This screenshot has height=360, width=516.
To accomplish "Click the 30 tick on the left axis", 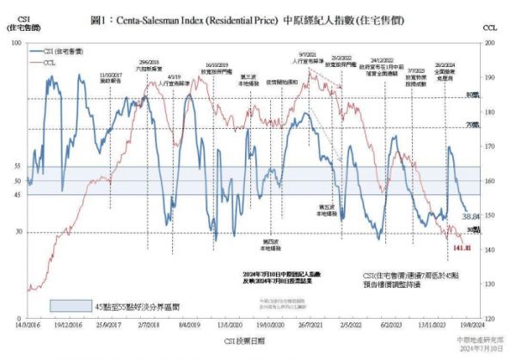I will click(x=18, y=232).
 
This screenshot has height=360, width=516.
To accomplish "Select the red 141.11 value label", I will click(x=462, y=247).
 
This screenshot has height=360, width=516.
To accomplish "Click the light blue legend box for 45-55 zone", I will click(x=71, y=306).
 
